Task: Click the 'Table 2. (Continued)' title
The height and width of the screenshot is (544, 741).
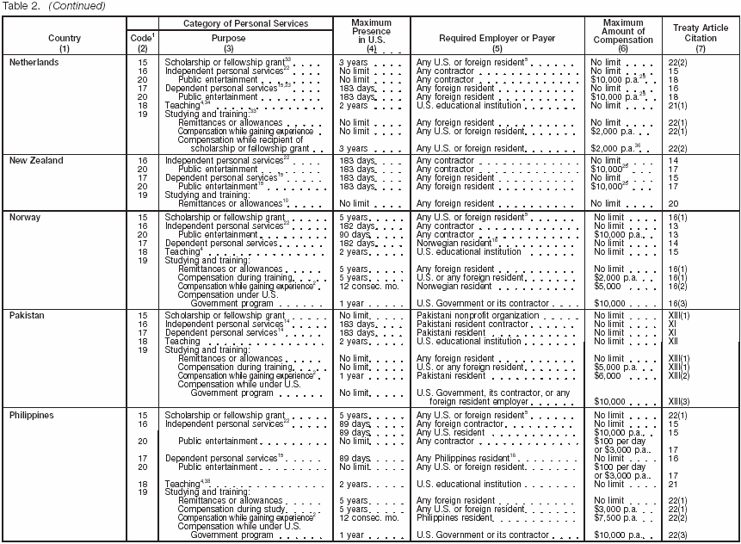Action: tap(53, 6)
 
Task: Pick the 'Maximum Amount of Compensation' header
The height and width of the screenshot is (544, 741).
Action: tap(622, 34)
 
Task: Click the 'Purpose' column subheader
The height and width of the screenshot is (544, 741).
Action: tap(228, 39)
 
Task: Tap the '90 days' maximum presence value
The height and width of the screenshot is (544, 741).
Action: tap(354, 235)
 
